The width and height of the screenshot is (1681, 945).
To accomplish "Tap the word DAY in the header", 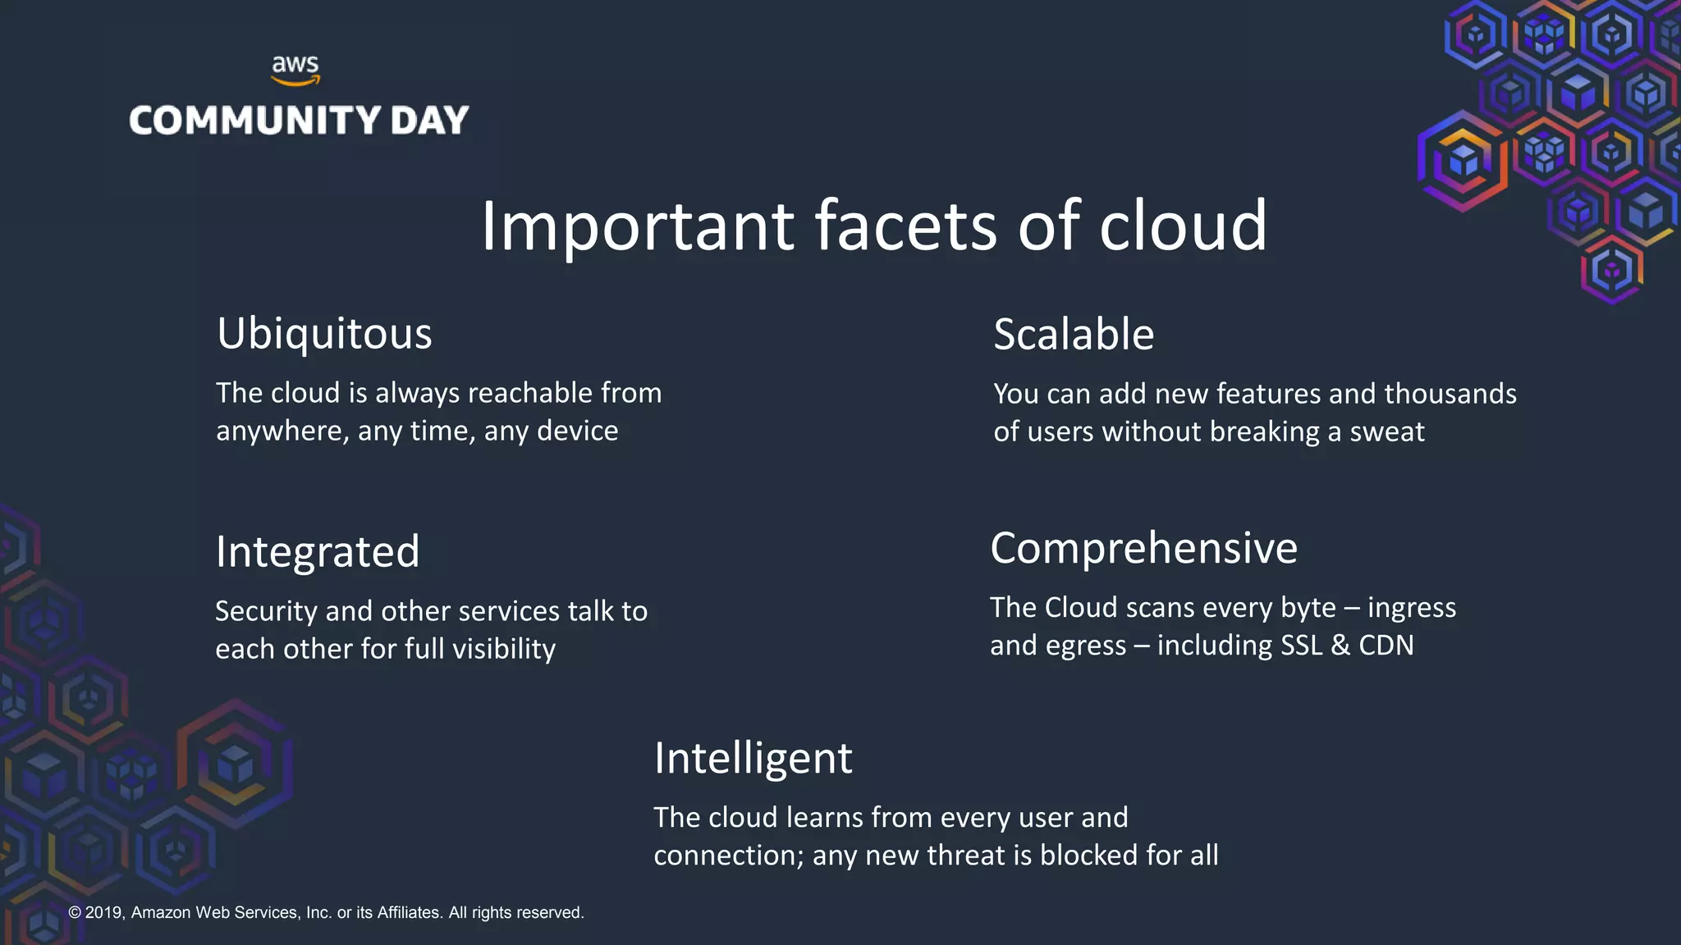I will tap(429, 121).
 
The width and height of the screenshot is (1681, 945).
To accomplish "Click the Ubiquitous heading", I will tap(324, 335).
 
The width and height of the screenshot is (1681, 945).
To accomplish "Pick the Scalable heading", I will tap(1074, 335).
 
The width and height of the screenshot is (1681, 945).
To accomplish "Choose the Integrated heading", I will tap(318, 552).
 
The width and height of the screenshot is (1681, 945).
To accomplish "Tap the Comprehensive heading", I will tap(1143, 548).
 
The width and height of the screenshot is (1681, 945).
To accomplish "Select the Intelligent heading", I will tap(753, 758).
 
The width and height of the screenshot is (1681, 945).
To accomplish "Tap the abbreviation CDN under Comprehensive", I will tap(1386, 646).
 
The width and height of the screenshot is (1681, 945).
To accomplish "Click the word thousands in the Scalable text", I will tap(1450, 394).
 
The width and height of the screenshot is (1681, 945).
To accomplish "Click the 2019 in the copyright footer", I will tap(103, 913).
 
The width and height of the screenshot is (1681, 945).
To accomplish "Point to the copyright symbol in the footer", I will tap(75, 913).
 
